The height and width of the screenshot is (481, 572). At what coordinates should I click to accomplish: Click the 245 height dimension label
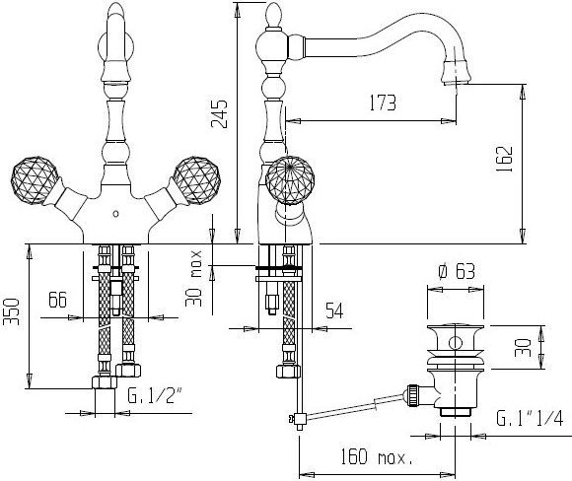click(219, 113)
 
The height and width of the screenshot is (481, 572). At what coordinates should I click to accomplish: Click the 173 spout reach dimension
click(383, 103)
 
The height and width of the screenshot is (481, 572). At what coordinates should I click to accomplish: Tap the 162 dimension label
click(505, 159)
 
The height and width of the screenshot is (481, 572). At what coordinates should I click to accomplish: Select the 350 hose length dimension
click(11, 311)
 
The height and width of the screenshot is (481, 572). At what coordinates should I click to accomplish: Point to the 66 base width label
click(57, 300)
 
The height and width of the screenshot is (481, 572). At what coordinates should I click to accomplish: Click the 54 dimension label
click(334, 310)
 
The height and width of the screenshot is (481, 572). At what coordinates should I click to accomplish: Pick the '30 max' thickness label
click(193, 279)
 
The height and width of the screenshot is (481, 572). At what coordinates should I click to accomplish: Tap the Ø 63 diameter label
click(457, 271)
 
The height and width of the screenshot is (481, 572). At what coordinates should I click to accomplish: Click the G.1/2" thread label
click(154, 395)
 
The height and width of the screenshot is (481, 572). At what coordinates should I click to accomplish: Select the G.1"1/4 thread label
click(530, 418)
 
